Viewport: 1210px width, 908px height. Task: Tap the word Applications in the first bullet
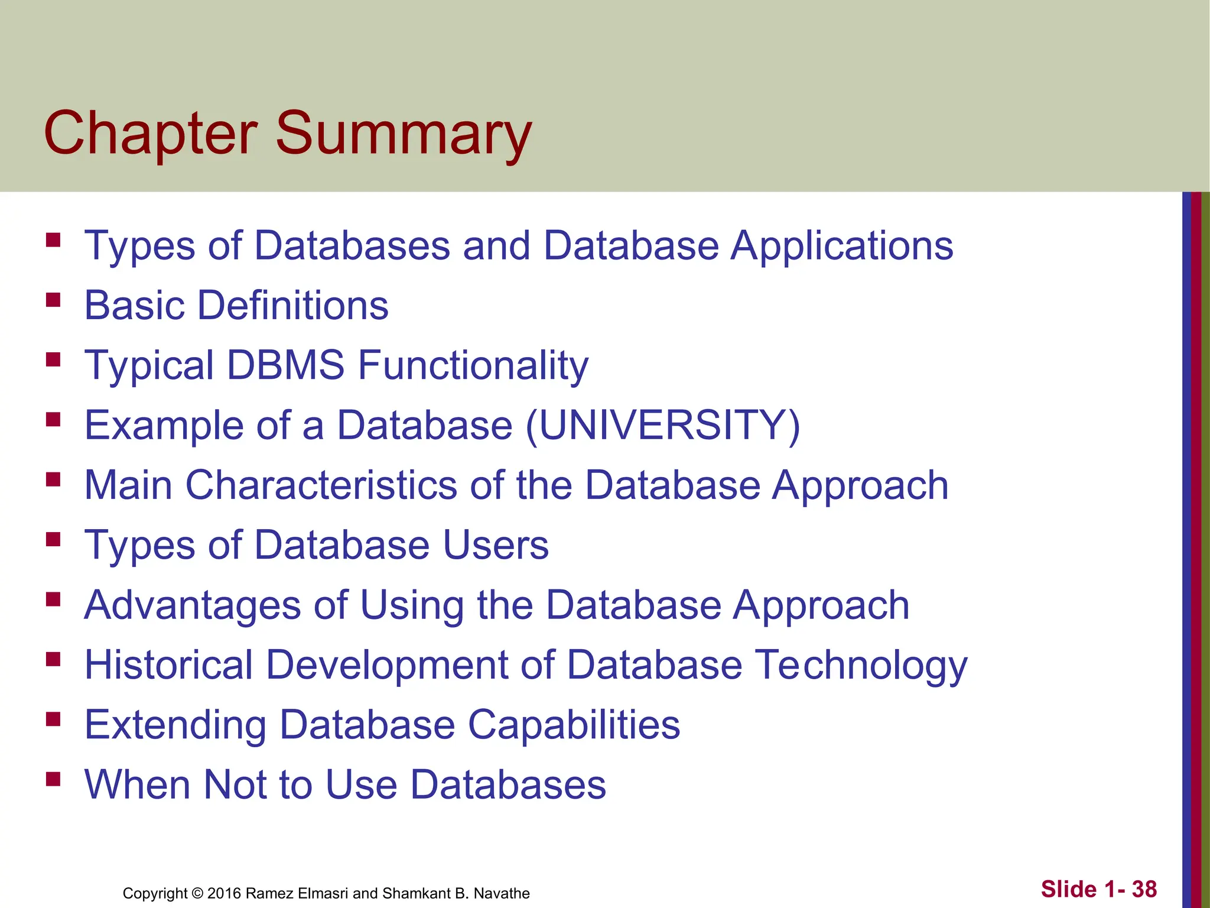[842, 245]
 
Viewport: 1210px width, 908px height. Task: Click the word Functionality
[473, 366]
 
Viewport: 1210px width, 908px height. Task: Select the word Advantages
[193, 606]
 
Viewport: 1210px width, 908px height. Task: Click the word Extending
[175, 725]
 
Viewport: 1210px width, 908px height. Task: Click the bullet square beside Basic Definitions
[53, 300]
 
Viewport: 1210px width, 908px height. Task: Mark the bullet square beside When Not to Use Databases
[53, 779]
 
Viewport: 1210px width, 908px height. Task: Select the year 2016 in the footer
[224, 893]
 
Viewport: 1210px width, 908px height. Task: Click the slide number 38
[1144, 889]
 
